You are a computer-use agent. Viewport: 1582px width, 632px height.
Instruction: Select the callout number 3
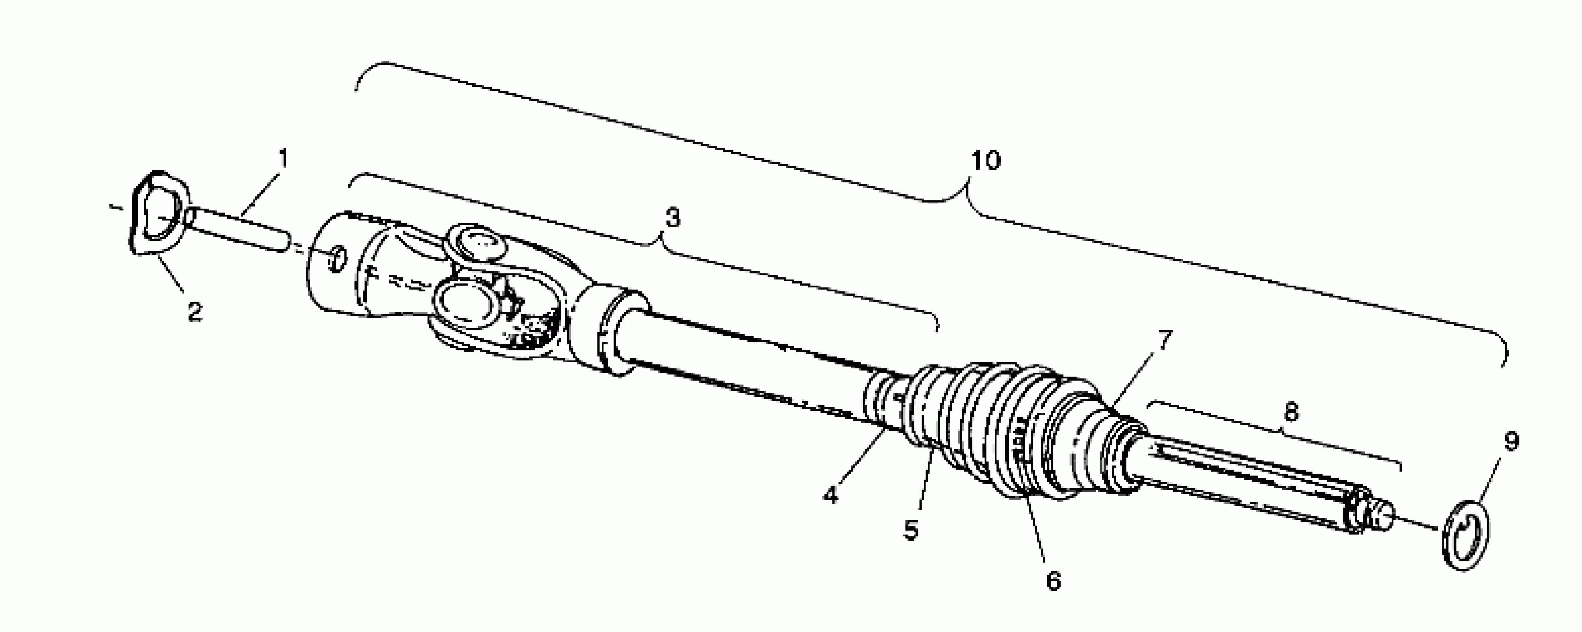point(673,217)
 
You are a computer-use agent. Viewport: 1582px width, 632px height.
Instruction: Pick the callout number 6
point(1053,580)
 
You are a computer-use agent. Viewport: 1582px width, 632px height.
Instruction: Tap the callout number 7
point(1165,340)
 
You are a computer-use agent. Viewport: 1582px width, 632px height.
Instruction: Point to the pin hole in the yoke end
point(336,260)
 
